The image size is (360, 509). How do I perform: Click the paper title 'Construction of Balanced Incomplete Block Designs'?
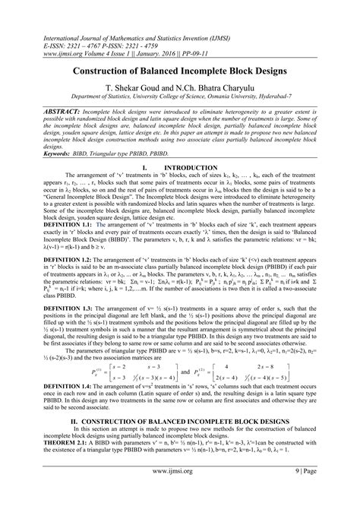pos(179,70)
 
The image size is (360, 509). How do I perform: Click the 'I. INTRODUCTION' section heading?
pos(179,166)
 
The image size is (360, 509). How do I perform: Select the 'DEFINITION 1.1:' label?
pos(43,224)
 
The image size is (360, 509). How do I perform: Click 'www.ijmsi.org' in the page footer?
pos(179,492)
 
